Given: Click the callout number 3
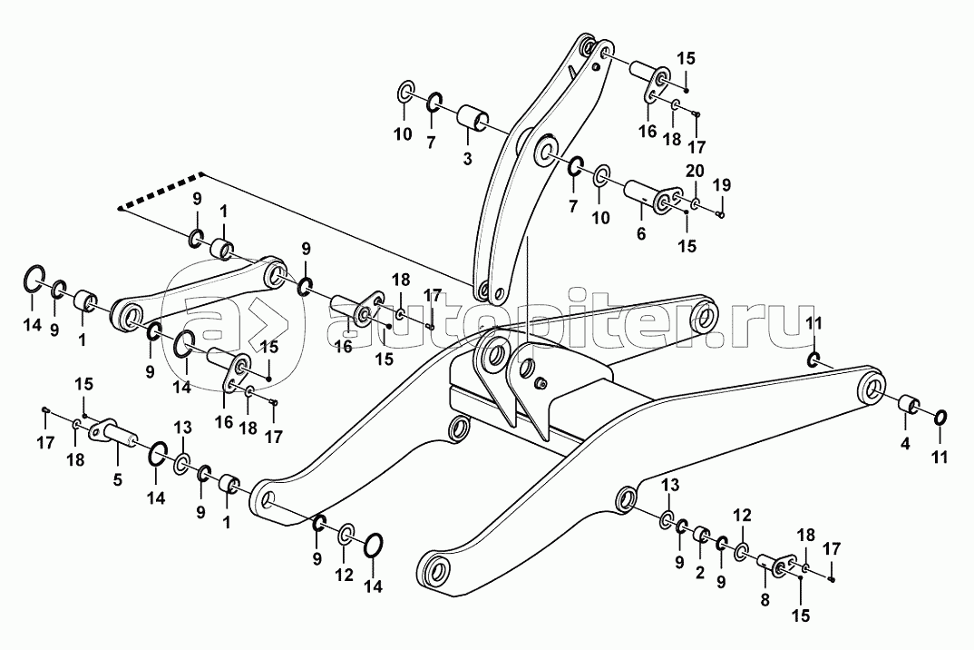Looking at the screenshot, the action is point(467,159).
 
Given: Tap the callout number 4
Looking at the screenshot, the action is point(905,444).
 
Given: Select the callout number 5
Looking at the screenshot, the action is point(117,480).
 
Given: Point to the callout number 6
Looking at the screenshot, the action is point(641,233).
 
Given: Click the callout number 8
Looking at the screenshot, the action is point(765,600).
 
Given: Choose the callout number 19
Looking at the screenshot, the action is point(722,184).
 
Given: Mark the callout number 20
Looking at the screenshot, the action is point(695,171).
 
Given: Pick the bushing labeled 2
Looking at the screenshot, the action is point(702,535).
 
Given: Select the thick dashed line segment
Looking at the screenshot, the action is point(161,190).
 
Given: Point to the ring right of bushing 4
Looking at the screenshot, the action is point(940,418).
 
